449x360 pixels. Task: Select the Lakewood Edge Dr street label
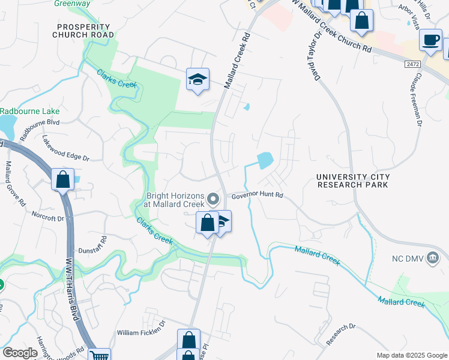[x=65, y=149]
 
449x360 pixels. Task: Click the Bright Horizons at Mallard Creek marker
[x=212, y=199]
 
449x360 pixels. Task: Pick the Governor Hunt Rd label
[x=257, y=196]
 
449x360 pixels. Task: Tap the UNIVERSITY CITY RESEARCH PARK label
[x=354, y=181]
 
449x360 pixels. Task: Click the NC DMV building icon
[x=434, y=258]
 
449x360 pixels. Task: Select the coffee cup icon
[x=430, y=40]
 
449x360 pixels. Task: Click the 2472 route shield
[x=412, y=63]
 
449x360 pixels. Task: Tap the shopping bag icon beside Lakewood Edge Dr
[x=62, y=179]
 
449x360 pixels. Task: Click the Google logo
[x=20, y=352]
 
